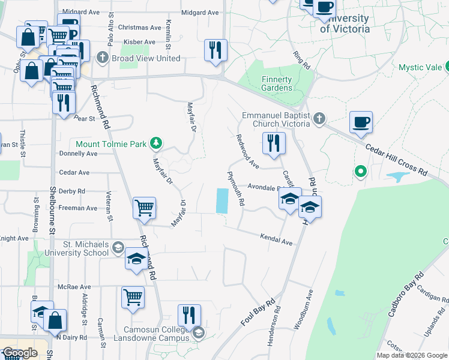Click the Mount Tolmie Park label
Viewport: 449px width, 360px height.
(x=112, y=143)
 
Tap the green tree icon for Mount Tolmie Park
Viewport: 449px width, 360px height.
(x=157, y=143)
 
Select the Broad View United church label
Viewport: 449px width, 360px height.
(x=145, y=58)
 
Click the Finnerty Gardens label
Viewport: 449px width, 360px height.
(x=277, y=83)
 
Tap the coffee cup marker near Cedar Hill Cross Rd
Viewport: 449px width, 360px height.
(x=361, y=122)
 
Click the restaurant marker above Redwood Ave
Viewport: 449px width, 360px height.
(x=274, y=143)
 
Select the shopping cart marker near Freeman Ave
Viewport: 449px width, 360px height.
(x=145, y=208)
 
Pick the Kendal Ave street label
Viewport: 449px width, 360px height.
(x=276, y=240)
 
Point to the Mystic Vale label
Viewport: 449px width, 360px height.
(x=420, y=67)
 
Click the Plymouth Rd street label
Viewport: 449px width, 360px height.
(x=236, y=189)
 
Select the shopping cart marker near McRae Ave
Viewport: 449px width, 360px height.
(x=133, y=296)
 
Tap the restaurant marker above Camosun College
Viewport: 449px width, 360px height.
(x=189, y=314)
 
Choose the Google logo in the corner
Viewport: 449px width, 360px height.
(x=20, y=353)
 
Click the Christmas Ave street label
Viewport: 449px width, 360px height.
(x=140, y=27)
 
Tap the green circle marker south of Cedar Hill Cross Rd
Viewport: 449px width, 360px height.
(x=360, y=172)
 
